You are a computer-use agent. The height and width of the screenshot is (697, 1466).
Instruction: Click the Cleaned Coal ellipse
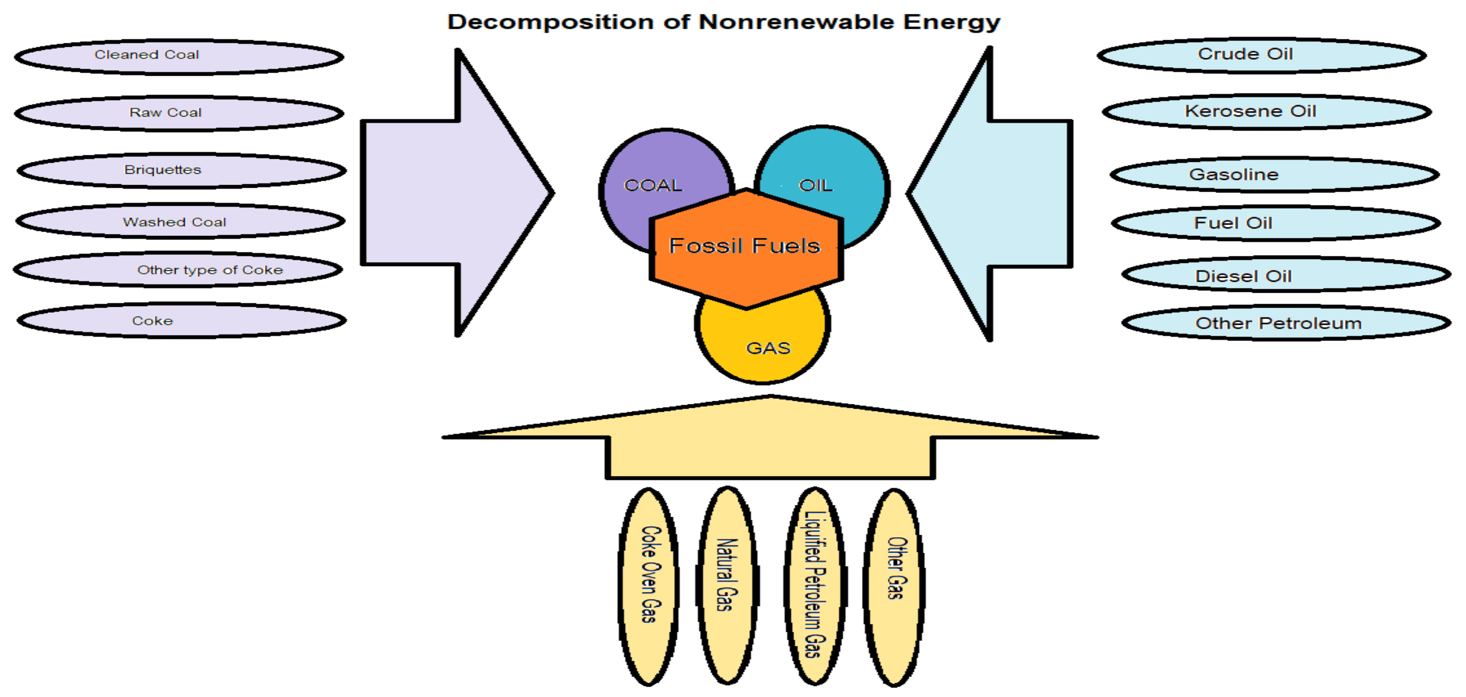(x=179, y=56)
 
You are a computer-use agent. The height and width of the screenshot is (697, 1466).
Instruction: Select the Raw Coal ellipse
(x=179, y=113)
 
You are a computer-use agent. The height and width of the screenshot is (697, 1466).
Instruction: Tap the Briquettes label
(x=163, y=170)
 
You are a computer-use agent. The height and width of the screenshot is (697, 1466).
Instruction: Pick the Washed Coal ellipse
(x=180, y=222)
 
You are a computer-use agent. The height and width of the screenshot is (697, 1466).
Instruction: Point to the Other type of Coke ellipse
(x=178, y=270)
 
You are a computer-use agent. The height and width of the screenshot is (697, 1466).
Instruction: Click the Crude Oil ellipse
(x=1262, y=55)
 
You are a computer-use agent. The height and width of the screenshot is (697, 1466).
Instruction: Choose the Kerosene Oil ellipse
(x=1267, y=112)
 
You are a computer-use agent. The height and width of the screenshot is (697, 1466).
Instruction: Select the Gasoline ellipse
(x=1275, y=175)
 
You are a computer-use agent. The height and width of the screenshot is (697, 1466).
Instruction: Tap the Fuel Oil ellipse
(x=1276, y=223)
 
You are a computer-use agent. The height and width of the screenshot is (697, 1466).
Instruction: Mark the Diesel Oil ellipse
(x=1286, y=275)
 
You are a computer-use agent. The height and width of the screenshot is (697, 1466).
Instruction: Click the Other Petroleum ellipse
(x=1286, y=323)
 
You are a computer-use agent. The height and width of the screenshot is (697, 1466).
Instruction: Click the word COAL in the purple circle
(x=653, y=186)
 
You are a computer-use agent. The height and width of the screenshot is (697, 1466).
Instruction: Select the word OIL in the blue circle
(x=816, y=186)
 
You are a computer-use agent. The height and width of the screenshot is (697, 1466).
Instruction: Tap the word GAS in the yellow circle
(x=768, y=348)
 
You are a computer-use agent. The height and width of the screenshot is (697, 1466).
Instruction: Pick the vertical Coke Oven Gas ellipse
(x=649, y=586)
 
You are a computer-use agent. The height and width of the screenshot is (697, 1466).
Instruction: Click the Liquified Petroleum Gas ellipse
(x=815, y=586)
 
